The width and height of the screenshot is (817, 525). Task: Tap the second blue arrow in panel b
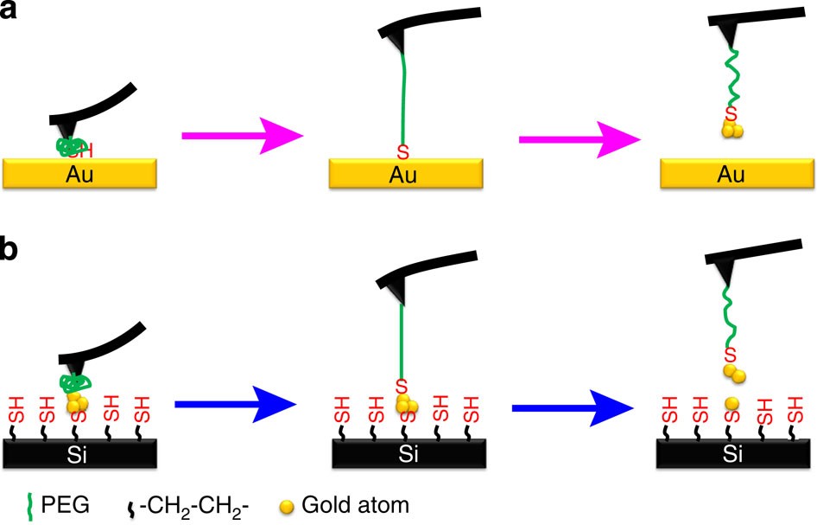point(574,404)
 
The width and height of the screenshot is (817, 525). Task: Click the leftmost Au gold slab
point(80,174)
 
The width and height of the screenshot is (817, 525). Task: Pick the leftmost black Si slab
point(80,451)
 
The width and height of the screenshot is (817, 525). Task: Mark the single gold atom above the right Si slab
point(731,404)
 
